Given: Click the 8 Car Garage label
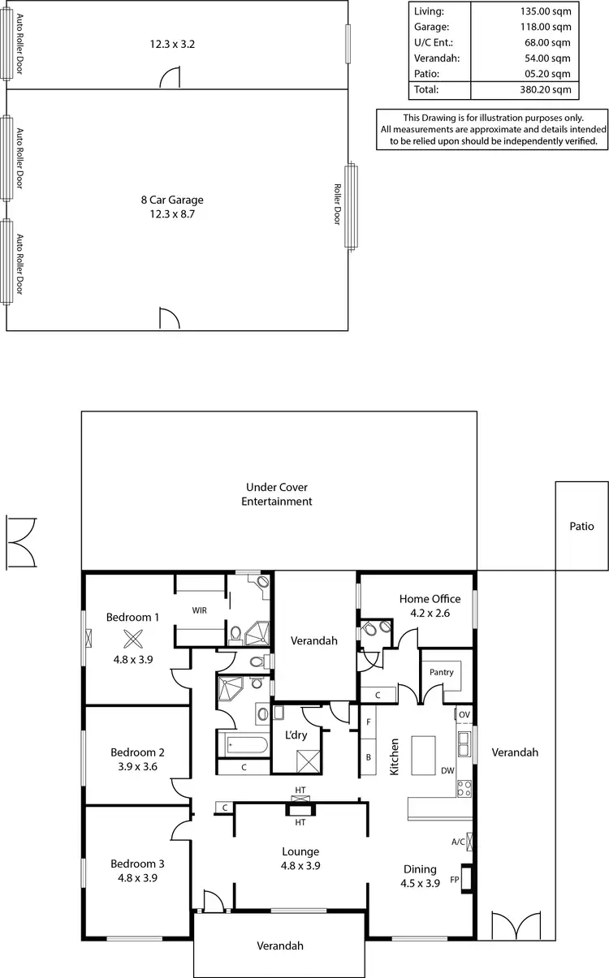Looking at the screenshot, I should [x=171, y=200].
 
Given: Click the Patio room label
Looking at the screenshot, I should [x=581, y=526].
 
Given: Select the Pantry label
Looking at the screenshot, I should [x=441, y=673].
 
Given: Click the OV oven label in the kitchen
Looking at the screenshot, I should [x=464, y=714].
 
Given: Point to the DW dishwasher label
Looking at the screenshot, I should [x=447, y=771].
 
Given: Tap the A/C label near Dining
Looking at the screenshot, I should [x=457, y=842].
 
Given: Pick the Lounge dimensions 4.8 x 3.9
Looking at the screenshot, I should [x=300, y=865].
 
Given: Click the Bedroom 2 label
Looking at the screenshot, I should [x=137, y=752].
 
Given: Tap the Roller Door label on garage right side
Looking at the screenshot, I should [x=338, y=203].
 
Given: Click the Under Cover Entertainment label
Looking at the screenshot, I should [x=277, y=494].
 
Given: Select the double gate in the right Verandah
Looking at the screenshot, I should [x=516, y=925].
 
